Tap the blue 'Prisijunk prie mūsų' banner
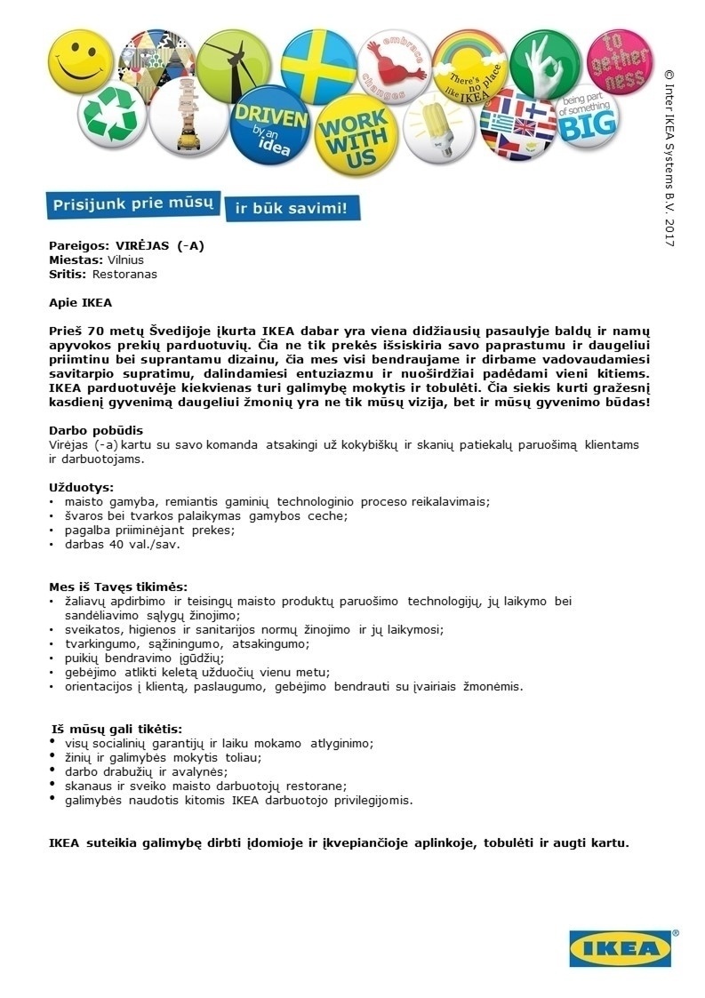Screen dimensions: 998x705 coord(133,204)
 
